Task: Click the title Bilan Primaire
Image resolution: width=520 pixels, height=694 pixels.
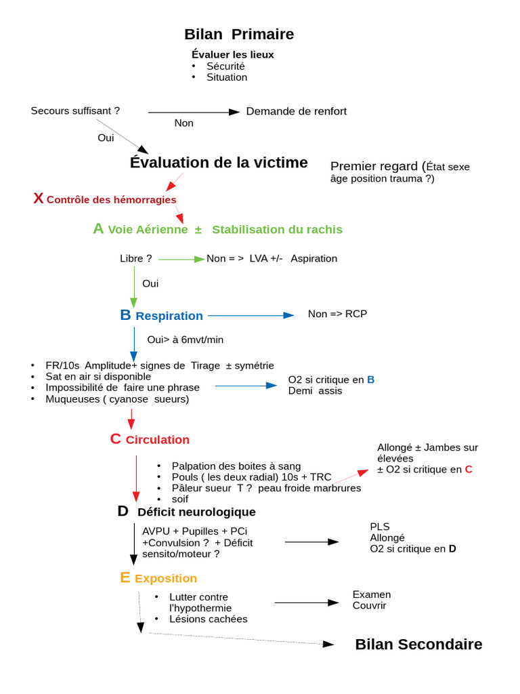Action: [x=239, y=35]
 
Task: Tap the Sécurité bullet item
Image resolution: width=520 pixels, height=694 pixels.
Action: [x=225, y=66]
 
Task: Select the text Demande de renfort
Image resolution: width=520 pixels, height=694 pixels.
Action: [x=296, y=111]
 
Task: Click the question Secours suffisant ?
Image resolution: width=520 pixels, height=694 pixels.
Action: [x=75, y=110]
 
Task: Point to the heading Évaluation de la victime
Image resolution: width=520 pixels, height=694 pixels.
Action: [x=219, y=163]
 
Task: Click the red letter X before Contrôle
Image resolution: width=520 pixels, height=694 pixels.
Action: [x=39, y=199]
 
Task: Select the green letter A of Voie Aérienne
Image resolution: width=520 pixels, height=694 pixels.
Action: [x=98, y=229]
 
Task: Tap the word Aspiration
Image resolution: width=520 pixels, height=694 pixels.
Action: [x=313, y=258]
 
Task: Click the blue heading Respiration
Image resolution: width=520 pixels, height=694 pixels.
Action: [x=169, y=316]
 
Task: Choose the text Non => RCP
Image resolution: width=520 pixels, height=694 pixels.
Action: [x=337, y=314]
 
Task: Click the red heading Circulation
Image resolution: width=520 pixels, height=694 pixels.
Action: [x=157, y=440]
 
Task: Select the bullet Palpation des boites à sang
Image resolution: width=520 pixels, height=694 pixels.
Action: [x=236, y=466]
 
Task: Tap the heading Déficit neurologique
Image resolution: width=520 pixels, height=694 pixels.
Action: [x=196, y=512]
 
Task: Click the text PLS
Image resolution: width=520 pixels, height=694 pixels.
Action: [x=379, y=527]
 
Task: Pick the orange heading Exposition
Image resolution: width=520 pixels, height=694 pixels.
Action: [x=166, y=579]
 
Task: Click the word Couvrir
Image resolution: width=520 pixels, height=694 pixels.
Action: [x=369, y=605]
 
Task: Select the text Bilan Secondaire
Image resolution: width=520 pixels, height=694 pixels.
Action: [x=418, y=645]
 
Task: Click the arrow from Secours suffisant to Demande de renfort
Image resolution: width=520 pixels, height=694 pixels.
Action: [x=194, y=112]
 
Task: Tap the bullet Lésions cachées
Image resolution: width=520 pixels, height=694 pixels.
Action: [x=208, y=619]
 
